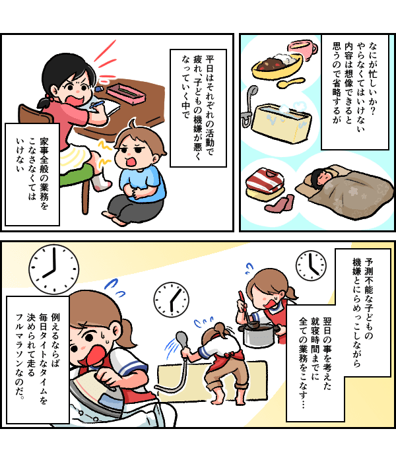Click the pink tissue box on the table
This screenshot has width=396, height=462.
[x=126, y=94]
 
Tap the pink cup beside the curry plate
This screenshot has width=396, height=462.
[x=302, y=50]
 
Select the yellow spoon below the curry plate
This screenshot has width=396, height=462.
[x=291, y=82]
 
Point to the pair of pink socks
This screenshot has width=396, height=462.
[x=280, y=203]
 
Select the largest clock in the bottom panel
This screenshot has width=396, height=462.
[x=54, y=269]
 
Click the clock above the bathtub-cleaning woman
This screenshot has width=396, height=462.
[x=171, y=300]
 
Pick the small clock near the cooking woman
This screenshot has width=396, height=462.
[x=311, y=265]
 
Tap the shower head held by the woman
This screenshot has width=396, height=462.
[x=181, y=338]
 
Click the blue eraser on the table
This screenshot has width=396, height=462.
[x=100, y=88]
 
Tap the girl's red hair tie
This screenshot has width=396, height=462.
[x=50, y=97]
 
